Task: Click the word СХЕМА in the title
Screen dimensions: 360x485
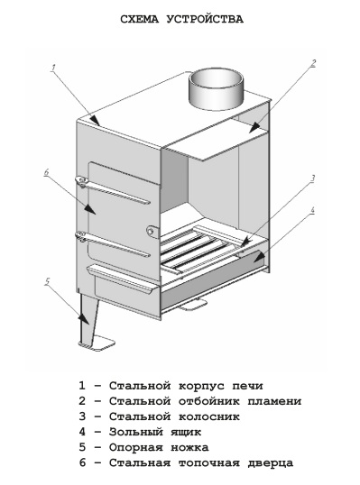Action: point(139,19)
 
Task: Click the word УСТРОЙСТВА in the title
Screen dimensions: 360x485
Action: point(205,19)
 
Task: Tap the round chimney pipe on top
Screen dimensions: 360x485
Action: point(216,89)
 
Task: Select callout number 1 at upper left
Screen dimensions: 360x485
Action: point(53,68)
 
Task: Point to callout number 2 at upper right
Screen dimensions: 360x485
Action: point(313,63)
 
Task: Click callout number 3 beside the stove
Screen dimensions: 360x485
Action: point(313,178)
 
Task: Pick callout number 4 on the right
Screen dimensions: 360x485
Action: point(312,210)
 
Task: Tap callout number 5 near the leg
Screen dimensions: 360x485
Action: point(47,282)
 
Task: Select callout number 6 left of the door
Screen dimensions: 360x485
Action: point(46,172)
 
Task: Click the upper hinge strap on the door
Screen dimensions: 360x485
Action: point(114,190)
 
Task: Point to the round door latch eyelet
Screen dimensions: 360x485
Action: point(152,231)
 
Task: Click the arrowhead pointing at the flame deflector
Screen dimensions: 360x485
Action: point(254,127)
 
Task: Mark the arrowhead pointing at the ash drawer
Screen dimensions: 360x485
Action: point(259,257)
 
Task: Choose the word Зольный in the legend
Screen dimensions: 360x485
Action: point(135,432)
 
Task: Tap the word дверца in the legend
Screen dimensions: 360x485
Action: point(271,462)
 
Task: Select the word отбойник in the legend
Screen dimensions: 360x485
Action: point(209,401)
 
